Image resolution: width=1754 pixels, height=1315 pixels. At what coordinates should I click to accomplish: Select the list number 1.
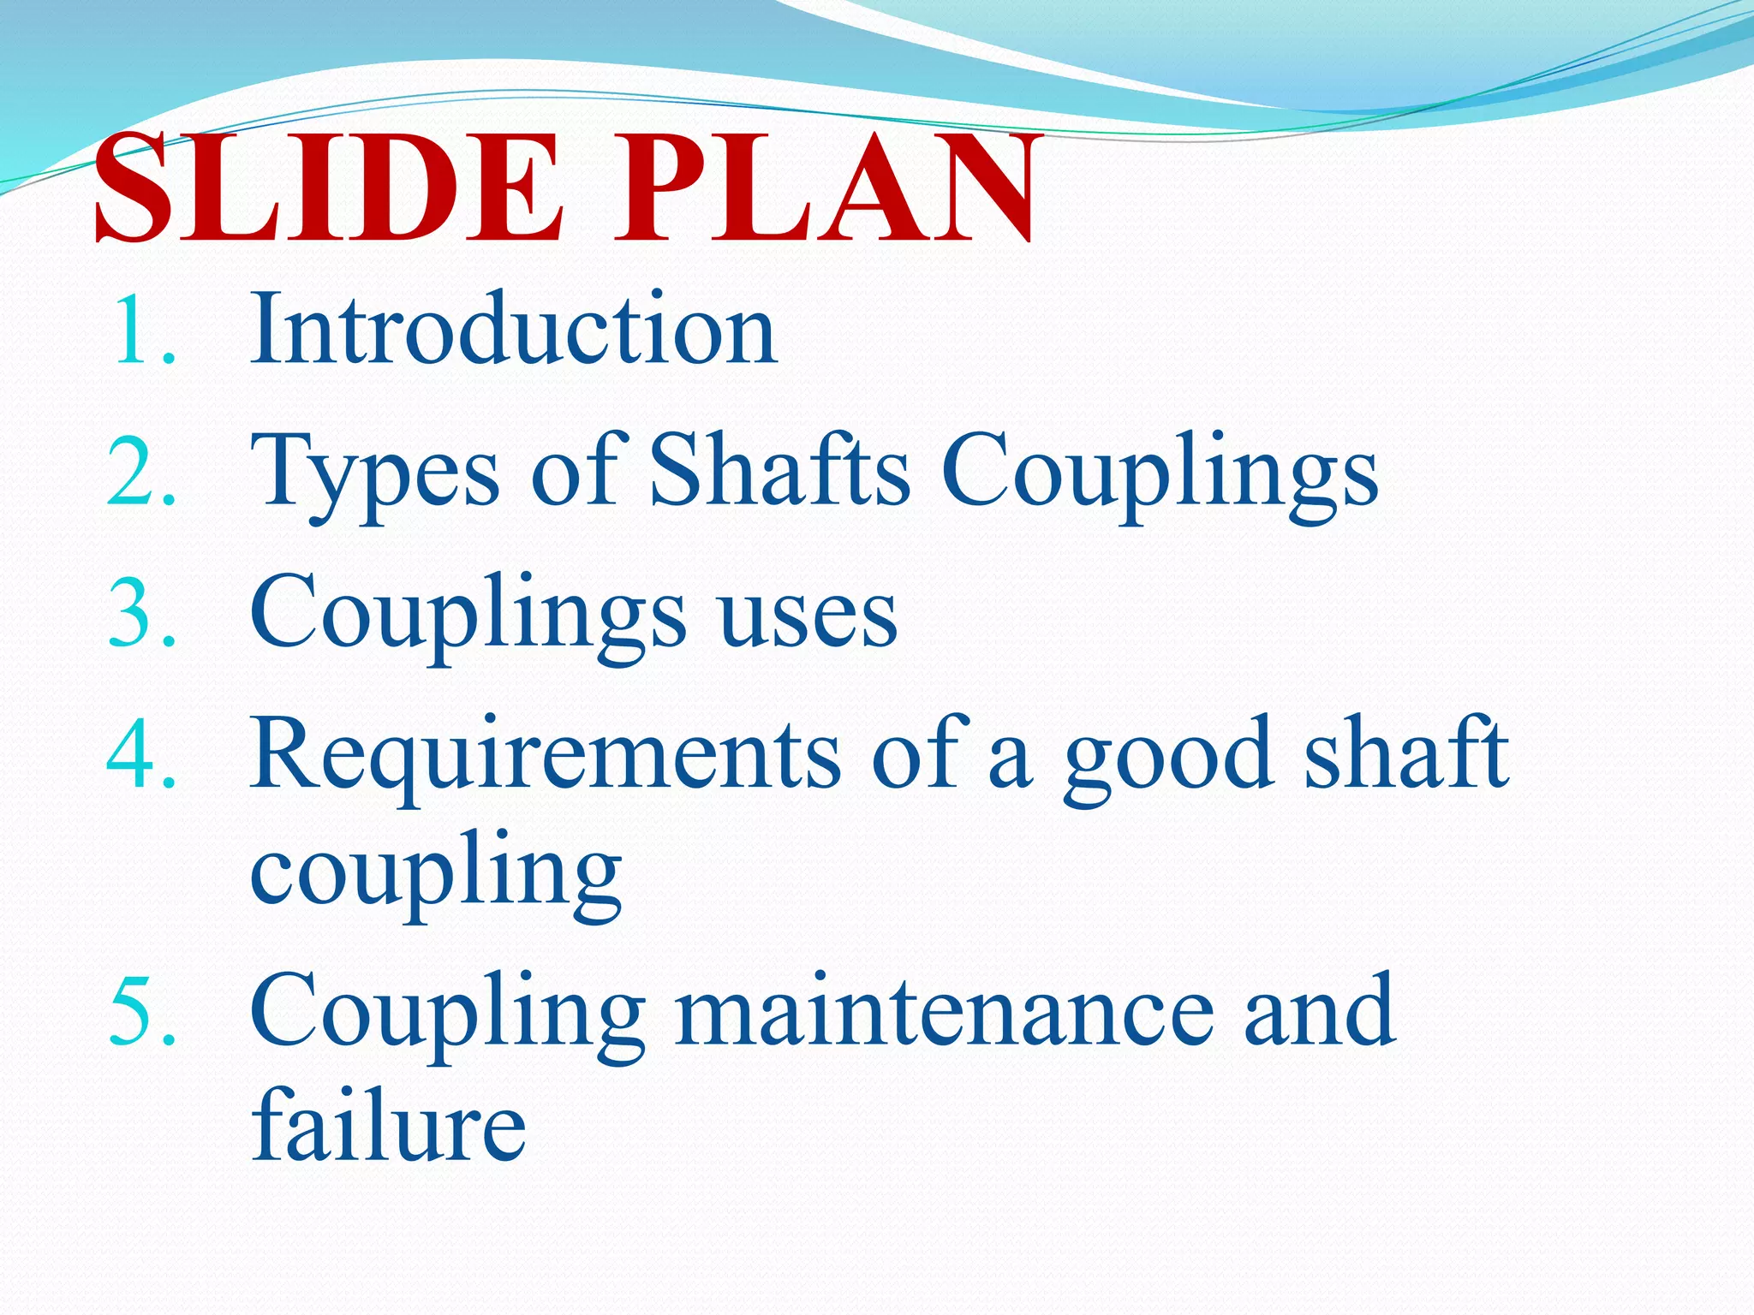[x=141, y=330]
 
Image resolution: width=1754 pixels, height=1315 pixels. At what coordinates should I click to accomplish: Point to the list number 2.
[x=141, y=472]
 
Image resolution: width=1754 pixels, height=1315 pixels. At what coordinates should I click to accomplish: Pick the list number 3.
[x=141, y=613]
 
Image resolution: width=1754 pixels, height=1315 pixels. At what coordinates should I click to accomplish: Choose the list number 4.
[x=141, y=754]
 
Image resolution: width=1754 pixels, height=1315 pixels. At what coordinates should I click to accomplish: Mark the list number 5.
[x=141, y=1011]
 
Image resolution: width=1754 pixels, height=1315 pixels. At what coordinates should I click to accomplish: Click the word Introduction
[x=514, y=329]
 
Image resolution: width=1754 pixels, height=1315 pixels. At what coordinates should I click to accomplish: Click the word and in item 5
[x=1319, y=1010]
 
